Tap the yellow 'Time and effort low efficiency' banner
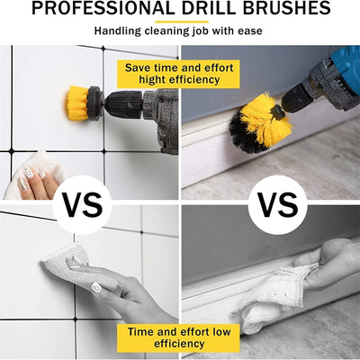[178, 337]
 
